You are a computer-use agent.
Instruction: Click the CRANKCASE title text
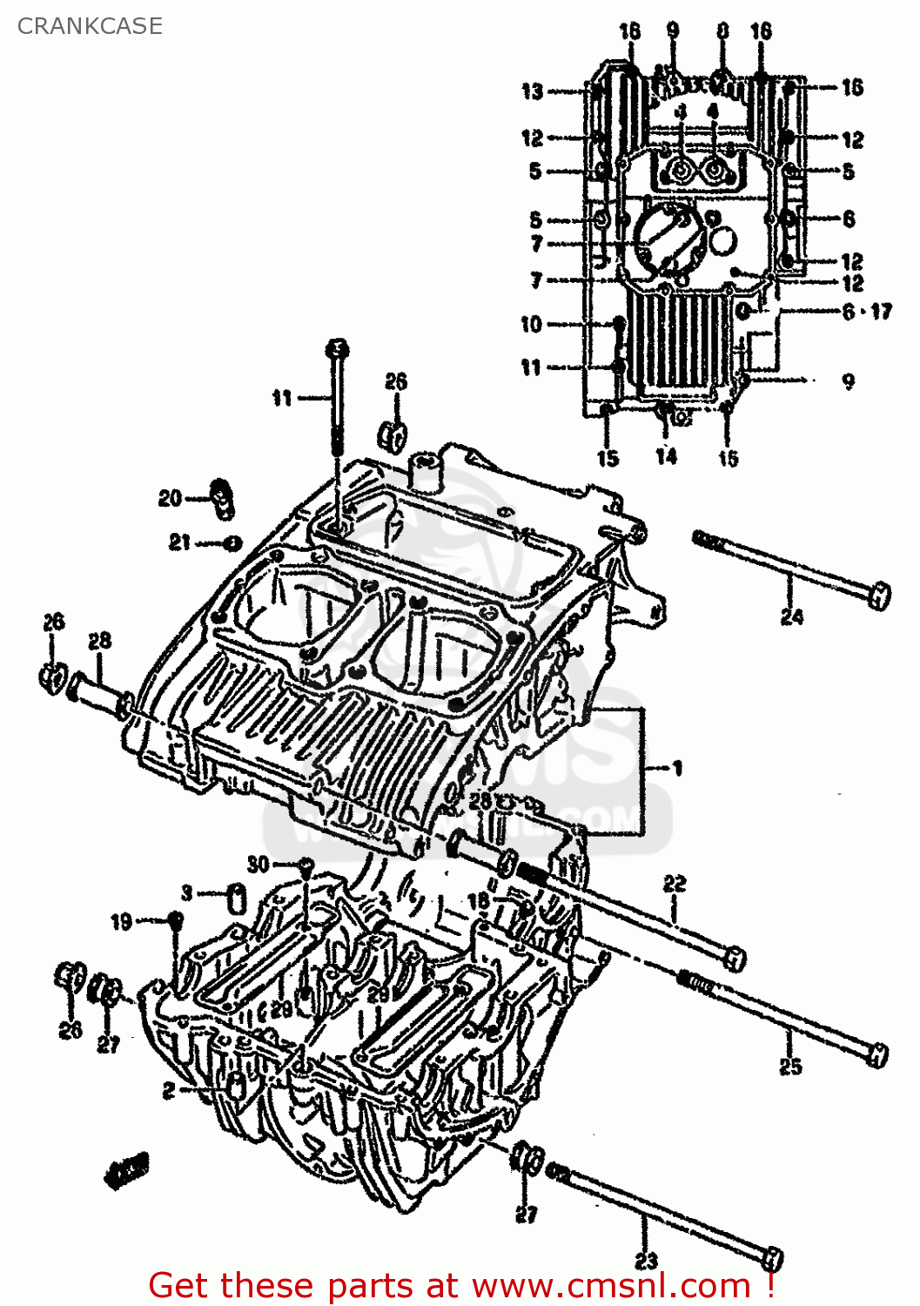pyautogui.click(x=90, y=26)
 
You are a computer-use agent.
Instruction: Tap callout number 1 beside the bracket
pyautogui.click(x=677, y=768)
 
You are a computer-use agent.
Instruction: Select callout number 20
pyautogui.click(x=169, y=498)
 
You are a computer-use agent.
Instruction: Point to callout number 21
pyautogui.click(x=179, y=542)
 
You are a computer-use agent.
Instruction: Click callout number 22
pyautogui.click(x=675, y=885)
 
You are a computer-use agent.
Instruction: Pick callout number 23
pyautogui.click(x=646, y=1260)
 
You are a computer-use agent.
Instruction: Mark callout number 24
pyautogui.click(x=791, y=616)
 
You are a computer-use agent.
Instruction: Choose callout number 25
pyautogui.click(x=789, y=1066)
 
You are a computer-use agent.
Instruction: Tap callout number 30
pyautogui.click(x=258, y=864)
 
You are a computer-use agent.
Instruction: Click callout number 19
pyautogui.click(x=122, y=921)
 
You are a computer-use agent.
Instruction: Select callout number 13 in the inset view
pyautogui.click(x=532, y=91)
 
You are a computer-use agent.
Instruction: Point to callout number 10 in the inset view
pyautogui.click(x=531, y=325)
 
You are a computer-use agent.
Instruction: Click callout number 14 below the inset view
pyautogui.click(x=666, y=456)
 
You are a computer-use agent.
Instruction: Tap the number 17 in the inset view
pyautogui.click(x=881, y=311)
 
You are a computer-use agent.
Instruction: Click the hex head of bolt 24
pyautogui.click(x=880, y=596)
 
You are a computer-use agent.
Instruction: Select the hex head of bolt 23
pyautogui.click(x=772, y=1258)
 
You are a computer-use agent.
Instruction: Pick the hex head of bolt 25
pyautogui.click(x=877, y=1054)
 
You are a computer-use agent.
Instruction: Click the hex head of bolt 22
pyautogui.click(x=735, y=959)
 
